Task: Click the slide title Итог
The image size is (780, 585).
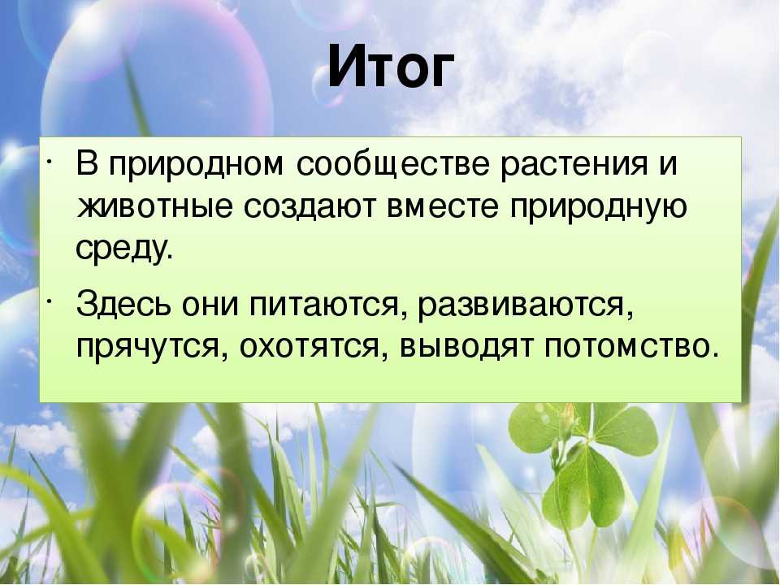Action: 391,66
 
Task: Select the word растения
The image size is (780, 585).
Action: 574,165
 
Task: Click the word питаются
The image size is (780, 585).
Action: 324,305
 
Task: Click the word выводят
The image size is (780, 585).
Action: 466,347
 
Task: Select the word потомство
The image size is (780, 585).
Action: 631,346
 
